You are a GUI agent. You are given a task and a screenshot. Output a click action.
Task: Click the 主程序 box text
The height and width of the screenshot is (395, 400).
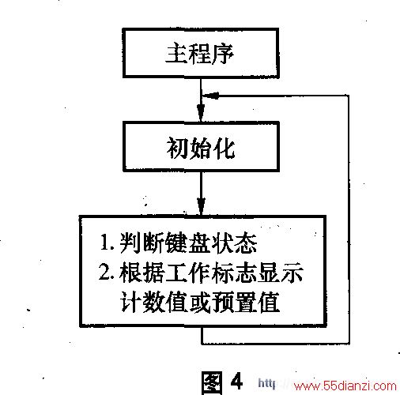[200, 54]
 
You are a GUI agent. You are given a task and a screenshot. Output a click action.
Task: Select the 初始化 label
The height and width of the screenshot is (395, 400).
[200, 148]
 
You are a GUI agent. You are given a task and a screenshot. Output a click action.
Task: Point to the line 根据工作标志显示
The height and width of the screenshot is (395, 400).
[211, 273]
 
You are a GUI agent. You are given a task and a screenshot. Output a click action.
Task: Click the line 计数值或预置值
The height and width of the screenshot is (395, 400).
[200, 302]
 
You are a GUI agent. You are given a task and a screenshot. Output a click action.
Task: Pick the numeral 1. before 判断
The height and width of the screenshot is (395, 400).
[108, 243]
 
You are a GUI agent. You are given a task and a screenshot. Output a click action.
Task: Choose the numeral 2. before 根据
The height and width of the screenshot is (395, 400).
[107, 272]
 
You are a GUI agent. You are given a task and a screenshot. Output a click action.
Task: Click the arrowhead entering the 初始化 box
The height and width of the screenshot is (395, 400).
[201, 113]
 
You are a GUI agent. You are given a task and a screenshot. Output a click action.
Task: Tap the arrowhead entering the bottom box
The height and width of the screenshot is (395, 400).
[201, 207]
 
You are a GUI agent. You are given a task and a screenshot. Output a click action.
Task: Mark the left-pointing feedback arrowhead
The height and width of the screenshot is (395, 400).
[210, 96]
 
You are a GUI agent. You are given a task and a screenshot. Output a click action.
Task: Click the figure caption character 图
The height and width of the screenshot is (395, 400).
[211, 382]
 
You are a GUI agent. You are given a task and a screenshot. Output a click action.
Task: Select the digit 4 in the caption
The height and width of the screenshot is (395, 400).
[236, 381]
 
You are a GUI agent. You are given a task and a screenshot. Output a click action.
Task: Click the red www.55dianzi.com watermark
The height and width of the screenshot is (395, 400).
[345, 386]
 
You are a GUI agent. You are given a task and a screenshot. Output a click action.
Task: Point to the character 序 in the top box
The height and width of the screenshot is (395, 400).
[223, 54]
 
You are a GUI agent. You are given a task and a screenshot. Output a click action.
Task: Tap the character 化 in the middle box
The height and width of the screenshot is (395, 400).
[224, 148]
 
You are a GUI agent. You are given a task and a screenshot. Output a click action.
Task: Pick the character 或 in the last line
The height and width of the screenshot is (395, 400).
[200, 303]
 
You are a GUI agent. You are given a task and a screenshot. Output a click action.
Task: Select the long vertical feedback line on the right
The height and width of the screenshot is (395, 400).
[349, 220]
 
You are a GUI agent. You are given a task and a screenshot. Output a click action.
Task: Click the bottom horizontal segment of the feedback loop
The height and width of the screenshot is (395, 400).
[275, 344]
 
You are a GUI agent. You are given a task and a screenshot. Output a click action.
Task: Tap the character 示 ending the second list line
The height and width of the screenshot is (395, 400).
[292, 273]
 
